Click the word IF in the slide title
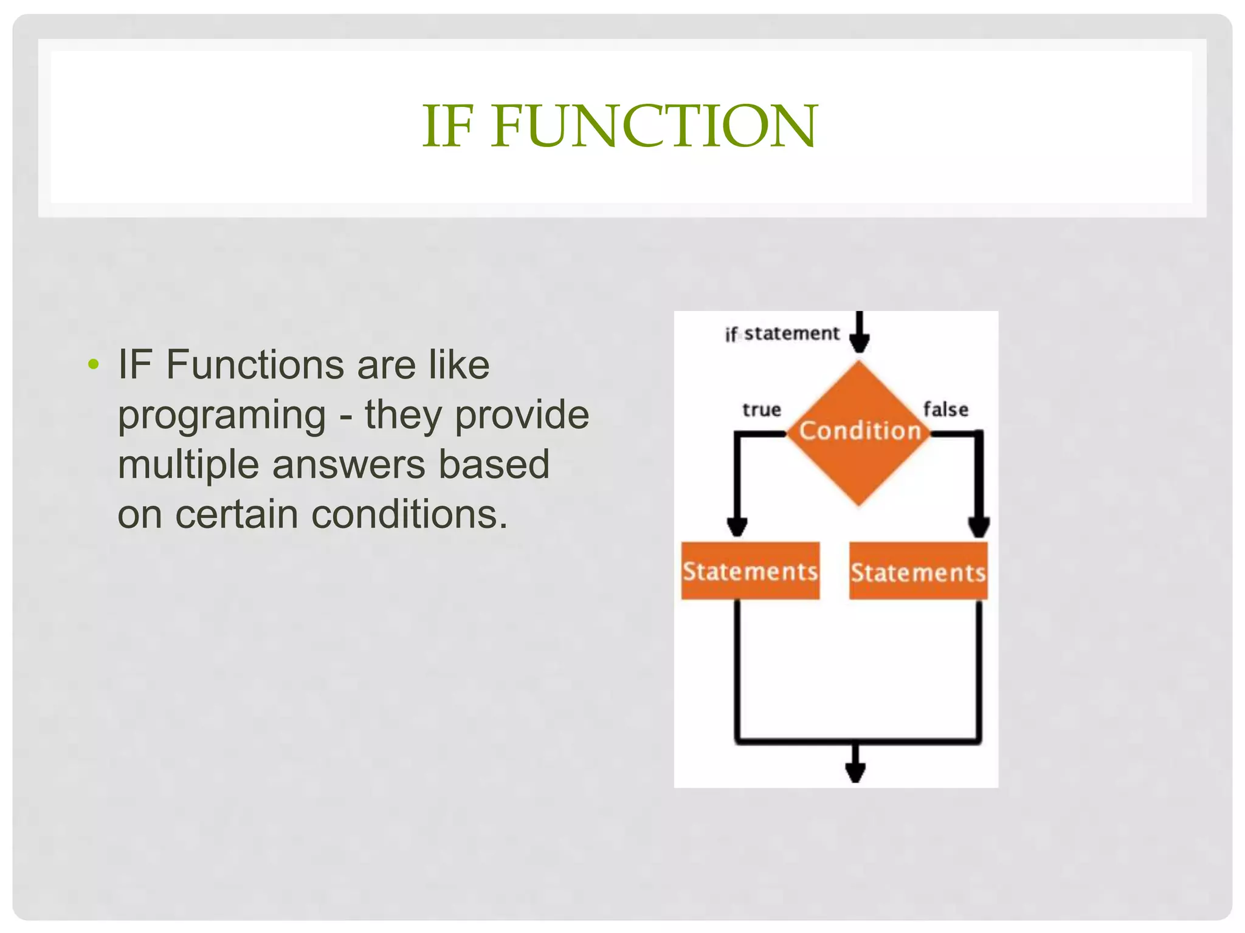coord(447,126)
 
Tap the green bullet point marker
coord(93,364)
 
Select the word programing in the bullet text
coord(222,416)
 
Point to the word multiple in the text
coord(188,465)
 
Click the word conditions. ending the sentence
coord(409,514)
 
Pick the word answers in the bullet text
coord(349,465)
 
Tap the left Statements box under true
coord(750,571)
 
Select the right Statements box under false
coord(918,572)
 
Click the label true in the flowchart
coord(761,410)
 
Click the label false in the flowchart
coord(945,409)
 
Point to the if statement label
coord(782,333)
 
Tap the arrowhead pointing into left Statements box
coord(737,527)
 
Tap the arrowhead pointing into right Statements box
coord(979,527)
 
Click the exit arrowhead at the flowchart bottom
coord(855,773)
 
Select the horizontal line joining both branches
coord(857,741)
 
